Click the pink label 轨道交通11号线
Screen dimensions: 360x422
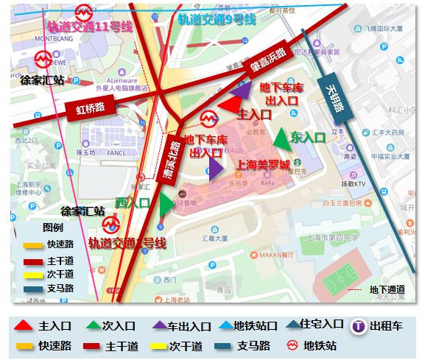tap(85, 27)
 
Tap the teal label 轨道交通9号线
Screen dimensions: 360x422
tap(216, 19)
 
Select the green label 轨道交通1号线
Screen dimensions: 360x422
tap(127, 242)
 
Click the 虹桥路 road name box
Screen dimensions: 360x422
tap(91, 109)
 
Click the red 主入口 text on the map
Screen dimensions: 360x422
tap(255, 115)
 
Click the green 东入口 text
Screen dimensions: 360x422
tap(308, 137)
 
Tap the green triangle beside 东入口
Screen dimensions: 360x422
tap(281, 138)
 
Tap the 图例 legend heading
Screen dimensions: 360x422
tap(52, 227)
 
